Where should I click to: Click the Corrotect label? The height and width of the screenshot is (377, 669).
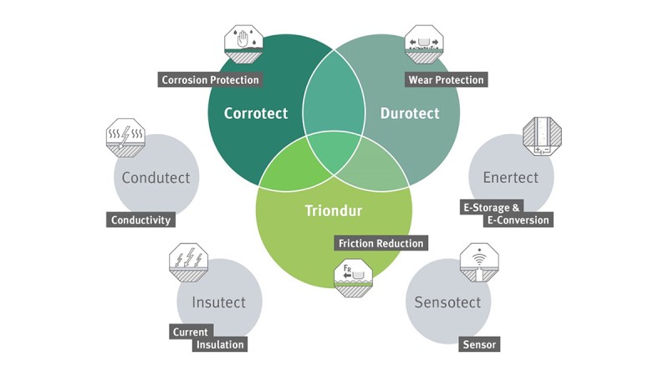coord(256,113)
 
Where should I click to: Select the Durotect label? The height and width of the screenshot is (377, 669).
coord(410,113)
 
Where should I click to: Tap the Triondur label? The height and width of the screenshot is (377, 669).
coord(333,209)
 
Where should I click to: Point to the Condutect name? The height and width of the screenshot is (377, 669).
coord(156,178)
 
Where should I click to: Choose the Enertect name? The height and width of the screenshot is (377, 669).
coord(510,178)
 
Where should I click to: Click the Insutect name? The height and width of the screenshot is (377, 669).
coord(218,302)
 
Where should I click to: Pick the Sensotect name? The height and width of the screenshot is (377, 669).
coord(447,302)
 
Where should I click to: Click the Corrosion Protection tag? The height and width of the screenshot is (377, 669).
coord(210,80)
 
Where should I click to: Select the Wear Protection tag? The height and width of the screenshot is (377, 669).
coord(445,80)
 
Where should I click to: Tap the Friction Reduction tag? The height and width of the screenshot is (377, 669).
coord(380,243)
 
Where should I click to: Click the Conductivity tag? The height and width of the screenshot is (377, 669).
coord(140,220)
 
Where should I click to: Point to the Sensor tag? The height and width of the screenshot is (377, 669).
coord(479,344)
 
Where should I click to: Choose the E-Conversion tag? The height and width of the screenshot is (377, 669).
coord(518,220)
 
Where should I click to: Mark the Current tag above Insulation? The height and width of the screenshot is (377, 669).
coord(190,332)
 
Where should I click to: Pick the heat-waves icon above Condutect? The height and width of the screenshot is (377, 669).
coord(126,137)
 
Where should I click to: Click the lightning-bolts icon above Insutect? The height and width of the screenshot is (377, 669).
coord(189,261)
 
